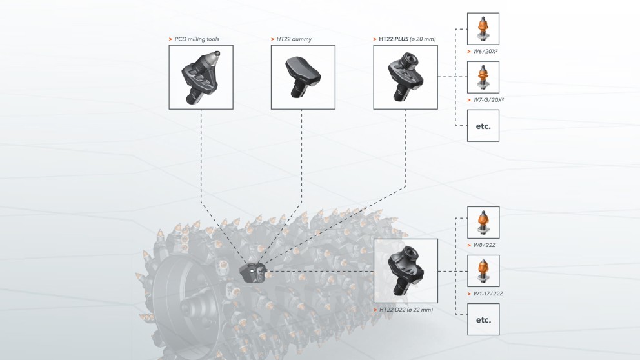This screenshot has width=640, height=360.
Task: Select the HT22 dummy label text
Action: tap(295, 39)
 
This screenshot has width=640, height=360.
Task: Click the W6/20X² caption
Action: tap(485, 51)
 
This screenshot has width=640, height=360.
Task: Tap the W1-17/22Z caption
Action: tap(488, 294)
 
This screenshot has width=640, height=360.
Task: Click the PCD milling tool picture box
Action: tap(201, 77)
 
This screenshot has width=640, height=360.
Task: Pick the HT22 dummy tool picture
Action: tap(303, 77)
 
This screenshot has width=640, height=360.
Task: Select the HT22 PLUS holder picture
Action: tap(405, 77)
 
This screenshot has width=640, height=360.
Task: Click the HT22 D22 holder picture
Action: tap(405, 271)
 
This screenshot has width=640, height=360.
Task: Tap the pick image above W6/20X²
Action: tap(483, 29)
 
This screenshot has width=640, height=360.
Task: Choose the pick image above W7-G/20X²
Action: tap(483, 77)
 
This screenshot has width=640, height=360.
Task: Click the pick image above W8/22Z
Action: tap(483, 223)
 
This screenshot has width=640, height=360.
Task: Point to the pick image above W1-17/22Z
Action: tap(483, 272)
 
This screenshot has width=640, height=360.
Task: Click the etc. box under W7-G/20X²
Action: tap(483, 126)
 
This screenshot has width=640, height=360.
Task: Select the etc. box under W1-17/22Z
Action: tap(483, 319)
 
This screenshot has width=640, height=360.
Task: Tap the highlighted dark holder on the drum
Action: tap(252, 272)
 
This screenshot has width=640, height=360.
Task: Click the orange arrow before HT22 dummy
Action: tap(272, 39)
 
